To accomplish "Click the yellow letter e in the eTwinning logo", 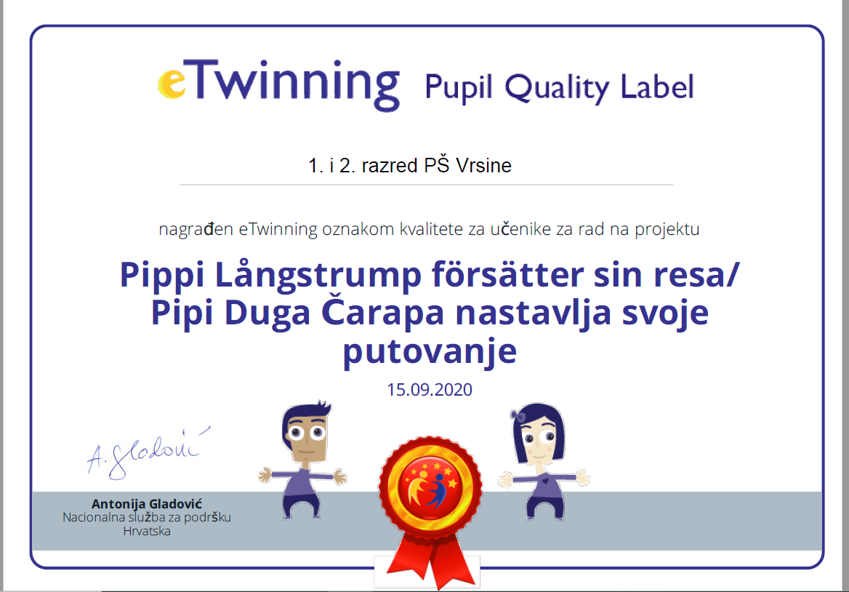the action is [172, 84].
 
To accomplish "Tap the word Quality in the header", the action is [557, 88].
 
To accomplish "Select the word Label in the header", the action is [657, 87].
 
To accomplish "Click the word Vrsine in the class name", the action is [483, 166].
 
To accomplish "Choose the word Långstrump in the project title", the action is [318, 276].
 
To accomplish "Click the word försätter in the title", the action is [507, 274].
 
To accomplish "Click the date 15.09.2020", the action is [430, 390].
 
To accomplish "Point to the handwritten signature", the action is [148, 453].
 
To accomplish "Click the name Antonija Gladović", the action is [147, 504].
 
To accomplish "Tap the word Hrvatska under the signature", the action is [147, 532].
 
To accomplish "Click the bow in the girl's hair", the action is [518, 415].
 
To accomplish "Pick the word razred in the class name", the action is [390, 166].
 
